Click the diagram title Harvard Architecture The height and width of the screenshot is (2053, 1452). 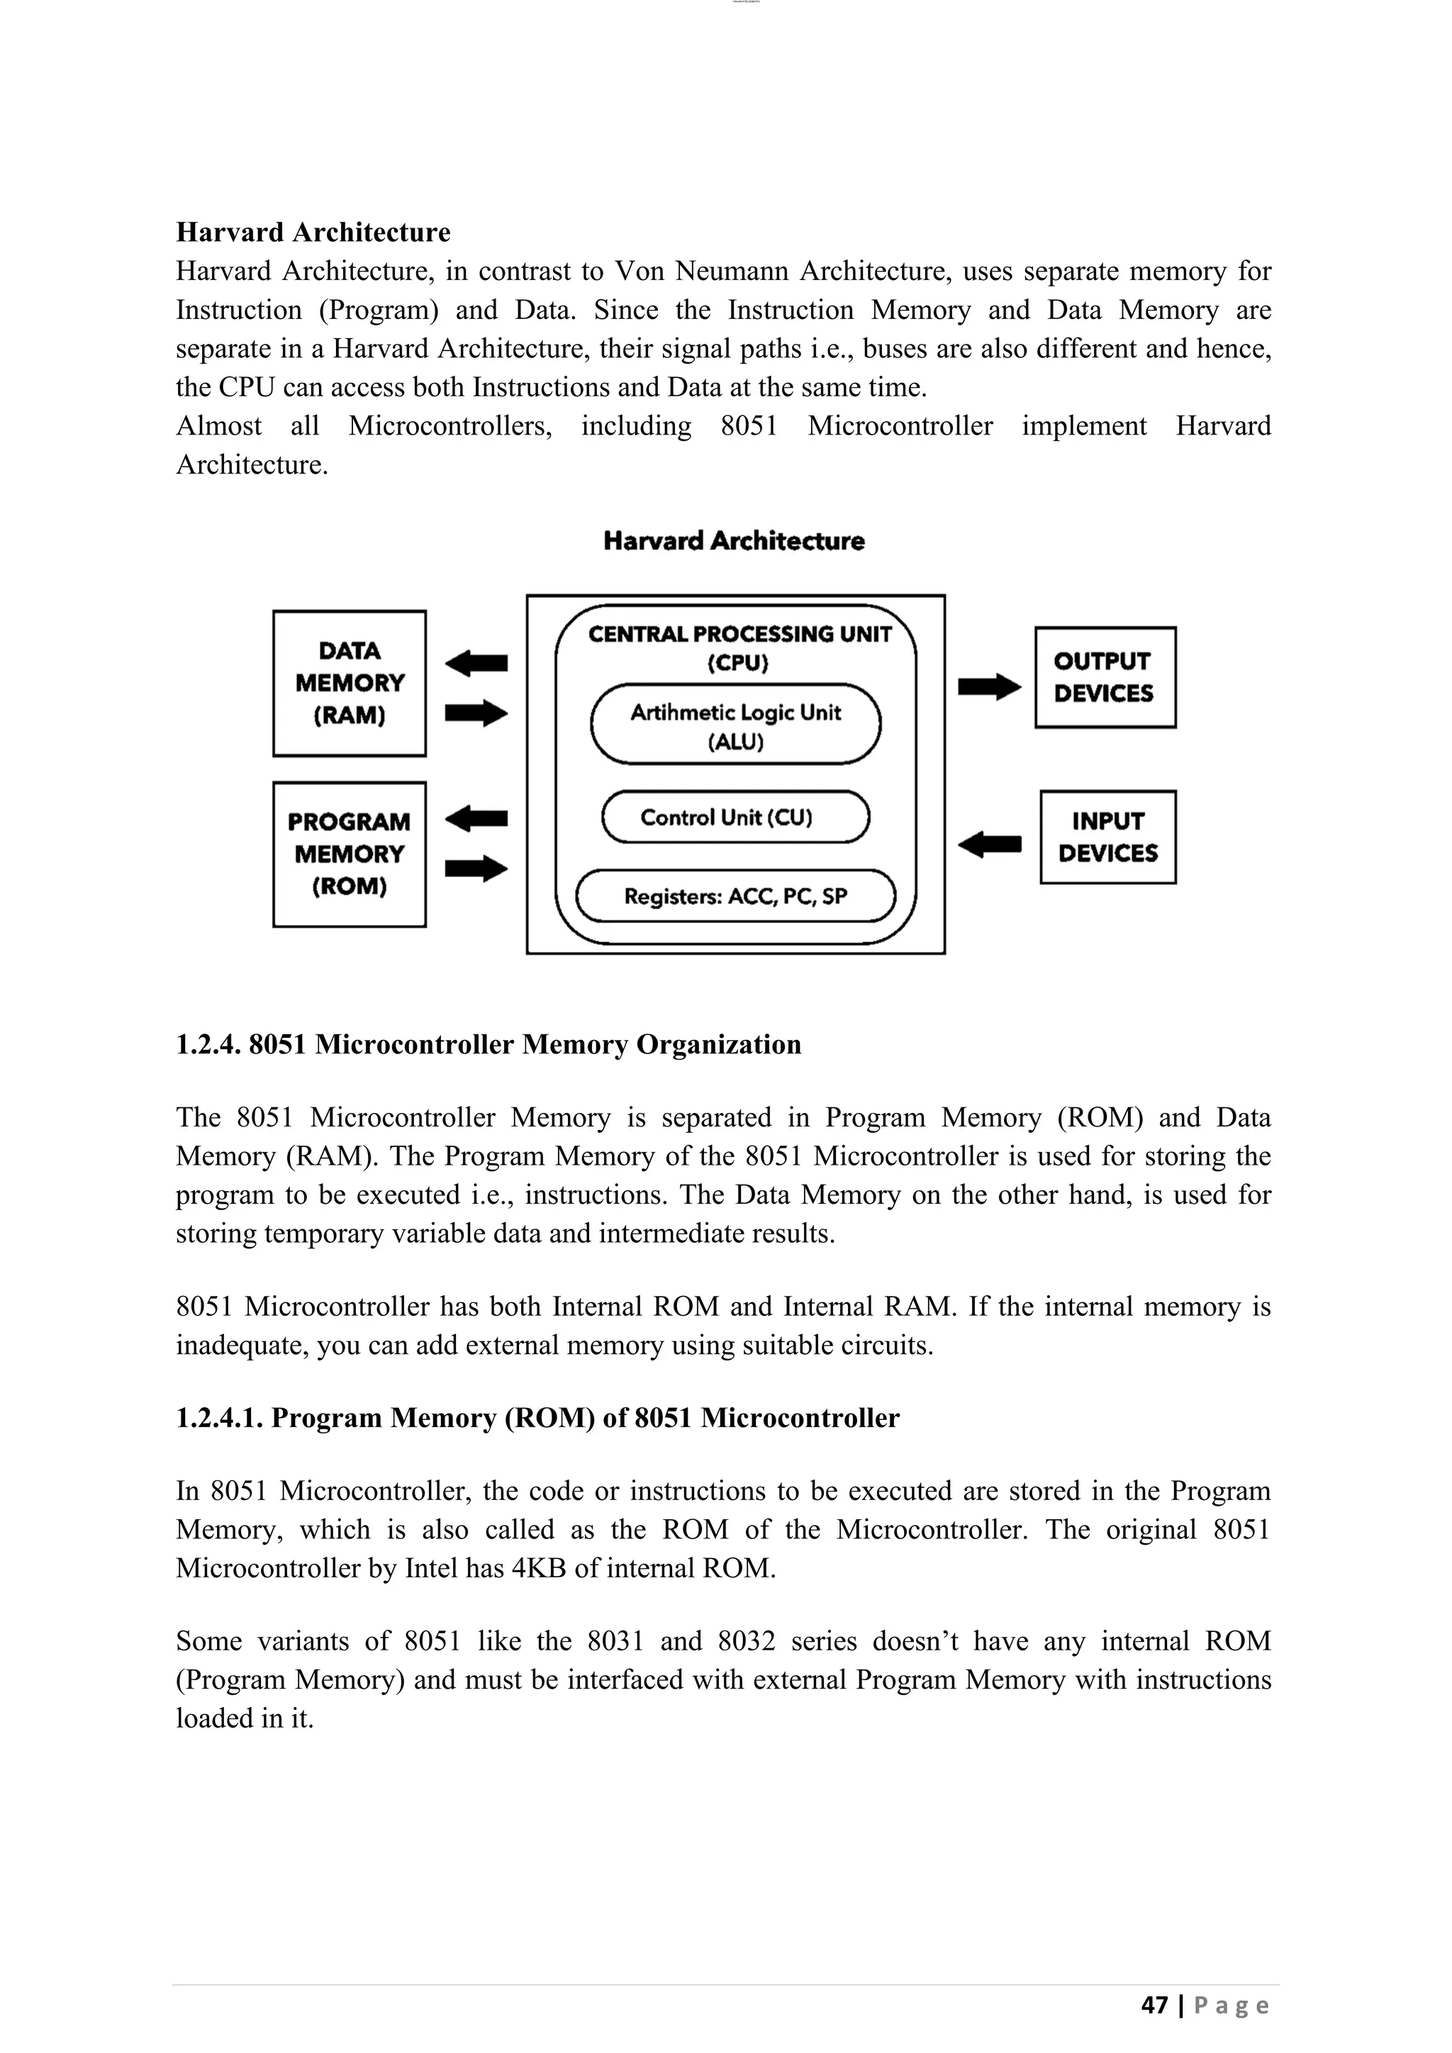[x=733, y=541]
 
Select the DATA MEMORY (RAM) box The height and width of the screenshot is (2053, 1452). [x=349, y=683]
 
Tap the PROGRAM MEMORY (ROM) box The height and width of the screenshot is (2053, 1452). [x=349, y=854]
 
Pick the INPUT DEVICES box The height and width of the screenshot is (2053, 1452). [x=1107, y=837]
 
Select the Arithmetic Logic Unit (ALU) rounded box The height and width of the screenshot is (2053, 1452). [x=735, y=725]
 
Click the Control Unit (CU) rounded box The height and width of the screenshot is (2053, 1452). [x=735, y=817]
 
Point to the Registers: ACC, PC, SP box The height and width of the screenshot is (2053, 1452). [x=735, y=896]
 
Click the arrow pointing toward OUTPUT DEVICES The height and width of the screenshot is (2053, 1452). [x=989, y=687]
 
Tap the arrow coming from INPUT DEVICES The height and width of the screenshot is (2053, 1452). [x=989, y=843]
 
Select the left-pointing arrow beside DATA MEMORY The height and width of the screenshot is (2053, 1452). [x=476, y=664]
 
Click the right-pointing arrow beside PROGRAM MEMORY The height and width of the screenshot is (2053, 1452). [x=476, y=868]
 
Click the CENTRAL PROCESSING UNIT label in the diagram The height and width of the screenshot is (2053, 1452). [x=739, y=634]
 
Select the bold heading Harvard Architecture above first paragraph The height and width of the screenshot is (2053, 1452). [x=313, y=233]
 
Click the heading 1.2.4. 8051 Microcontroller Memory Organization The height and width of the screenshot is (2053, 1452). [x=488, y=1044]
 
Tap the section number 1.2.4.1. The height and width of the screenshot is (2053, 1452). [x=219, y=1418]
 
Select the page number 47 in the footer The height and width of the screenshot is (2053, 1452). [x=1154, y=2005]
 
